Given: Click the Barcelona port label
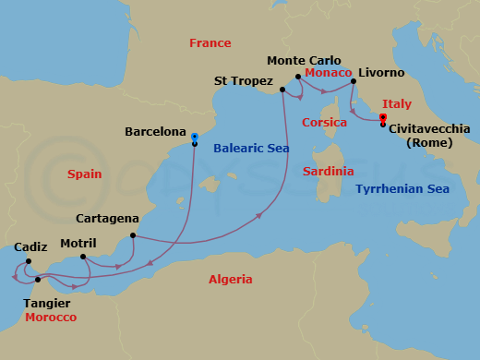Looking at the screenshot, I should pyautogui.click(x=155, y=132).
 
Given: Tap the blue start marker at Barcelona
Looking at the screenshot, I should pyautogui.click(x=195, y=137).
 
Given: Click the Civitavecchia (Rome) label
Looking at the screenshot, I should pyautogui.click(x=429, y=136).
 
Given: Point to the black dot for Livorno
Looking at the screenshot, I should pyautogui.click(x=354, y=82).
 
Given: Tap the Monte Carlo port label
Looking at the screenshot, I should pyautogui.click(x=304, y=60).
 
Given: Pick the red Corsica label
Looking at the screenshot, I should pyautogui.click(x=324, y=123).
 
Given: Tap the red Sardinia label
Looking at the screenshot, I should pyautogui.click(x=329, y=171).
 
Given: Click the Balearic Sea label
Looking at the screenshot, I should pyautogui.click(x=249, y=148).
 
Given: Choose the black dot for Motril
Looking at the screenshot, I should pyautogui.click(x=83, y=257).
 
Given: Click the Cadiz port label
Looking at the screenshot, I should pyautogui.click(x=30, y=247).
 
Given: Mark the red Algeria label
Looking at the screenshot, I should pyautogui.click(x=230, y=279).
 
